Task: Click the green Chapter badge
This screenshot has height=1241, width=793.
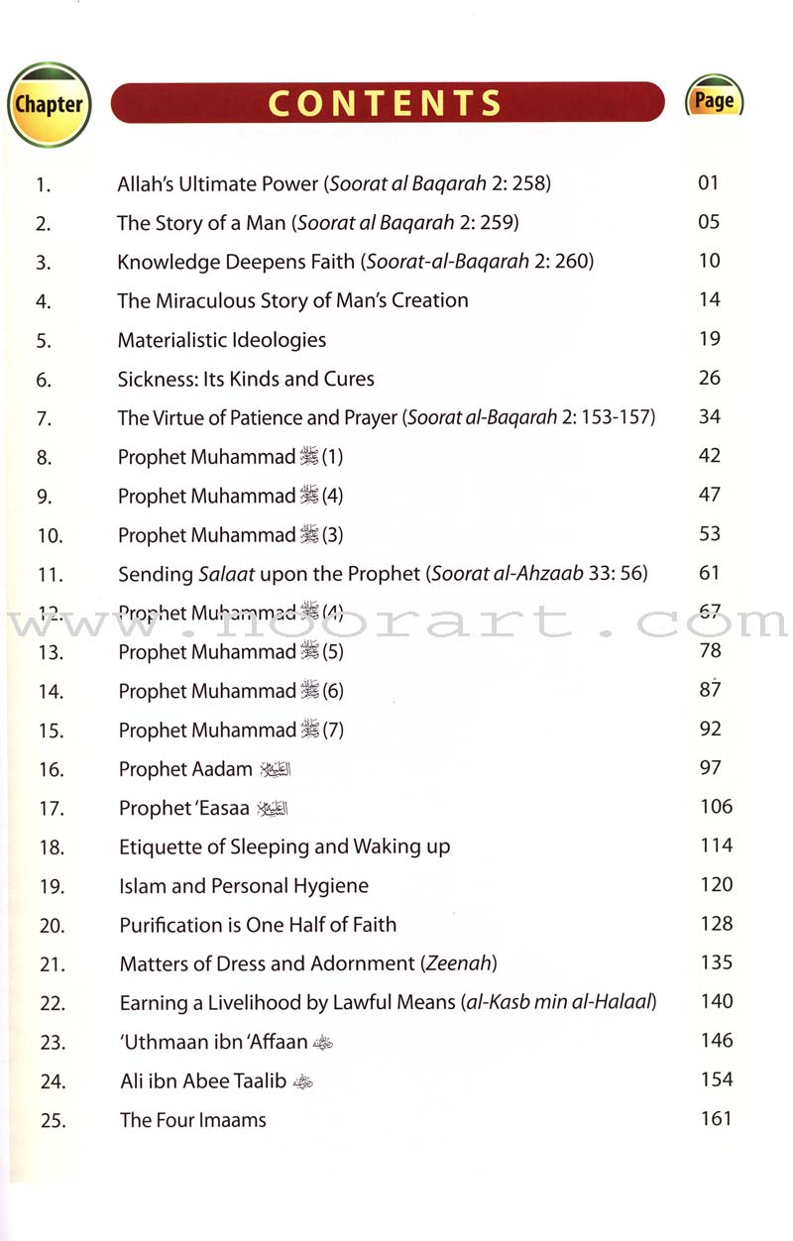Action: tap(49, 104)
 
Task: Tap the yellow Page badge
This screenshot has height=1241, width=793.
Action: tap(714, 100)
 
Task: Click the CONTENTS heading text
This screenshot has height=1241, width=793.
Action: tap(386, 103)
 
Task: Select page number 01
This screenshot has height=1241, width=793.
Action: tap(708, 182)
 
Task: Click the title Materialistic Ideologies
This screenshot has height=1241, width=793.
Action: tap(222, 340)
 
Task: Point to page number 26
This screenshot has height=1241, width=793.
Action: tap(709, 378)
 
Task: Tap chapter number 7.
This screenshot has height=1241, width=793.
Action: tap(43, 418)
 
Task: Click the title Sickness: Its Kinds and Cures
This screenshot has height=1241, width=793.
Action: tap(246, 379)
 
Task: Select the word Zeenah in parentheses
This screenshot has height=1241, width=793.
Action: tap(463, 962)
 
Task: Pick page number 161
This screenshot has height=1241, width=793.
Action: tap(716, 1118)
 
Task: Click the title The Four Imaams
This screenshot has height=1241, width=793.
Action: tap(192, 1121)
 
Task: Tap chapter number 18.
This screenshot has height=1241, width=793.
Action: tap(52, 847)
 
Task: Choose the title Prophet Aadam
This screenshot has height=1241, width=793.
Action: tap(185, 769)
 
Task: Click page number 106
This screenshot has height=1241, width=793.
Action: tap(716, 806)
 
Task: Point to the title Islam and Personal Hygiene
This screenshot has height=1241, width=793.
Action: tap(244, 885)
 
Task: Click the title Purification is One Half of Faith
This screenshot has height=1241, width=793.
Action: tap(258, 925)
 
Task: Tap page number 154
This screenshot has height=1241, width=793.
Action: tap(716, 1079)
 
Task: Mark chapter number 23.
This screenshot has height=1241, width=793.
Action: tap(52, 1043)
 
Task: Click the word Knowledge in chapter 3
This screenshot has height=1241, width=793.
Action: tap(166, 262)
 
